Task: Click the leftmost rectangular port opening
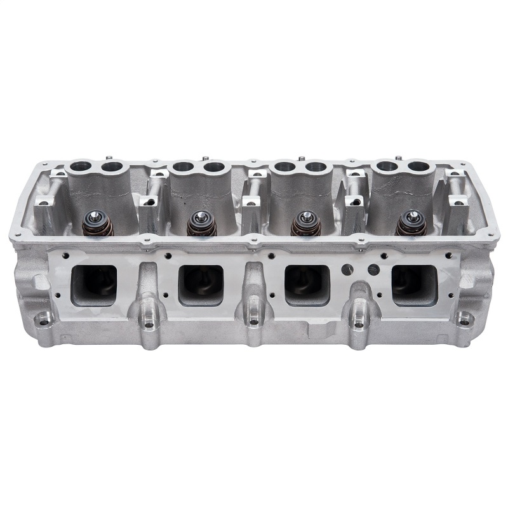(x=95, y=284)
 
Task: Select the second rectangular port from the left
(x=201, y=284)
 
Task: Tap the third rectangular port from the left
(x=307, y=283)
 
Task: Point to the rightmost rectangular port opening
(x=414, y=284)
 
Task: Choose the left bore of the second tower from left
(x=181, y=168)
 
